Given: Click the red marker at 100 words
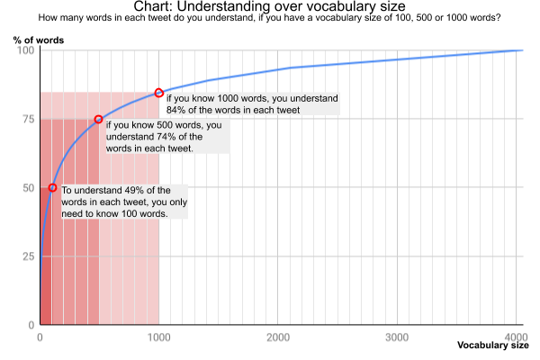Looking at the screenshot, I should (x=52, y=187).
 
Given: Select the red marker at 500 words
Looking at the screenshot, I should (x=99, y=120).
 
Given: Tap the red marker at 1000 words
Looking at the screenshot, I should (x=159, y=93).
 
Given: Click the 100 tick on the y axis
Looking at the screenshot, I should (x=25, y=50).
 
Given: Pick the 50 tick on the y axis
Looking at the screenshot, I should (x=28, y=187).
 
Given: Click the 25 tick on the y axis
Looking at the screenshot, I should (x=28, y=256).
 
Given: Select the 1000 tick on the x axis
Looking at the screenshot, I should (x=159, y=337).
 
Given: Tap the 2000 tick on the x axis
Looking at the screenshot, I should (x=278, y=337).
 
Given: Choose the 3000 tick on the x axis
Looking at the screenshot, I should (x=397, y=337).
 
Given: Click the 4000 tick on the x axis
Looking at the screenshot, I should (x=516, y=337).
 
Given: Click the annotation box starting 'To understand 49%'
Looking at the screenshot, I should (x=123, y=204).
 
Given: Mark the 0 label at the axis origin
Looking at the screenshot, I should (x=40, y=337).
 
